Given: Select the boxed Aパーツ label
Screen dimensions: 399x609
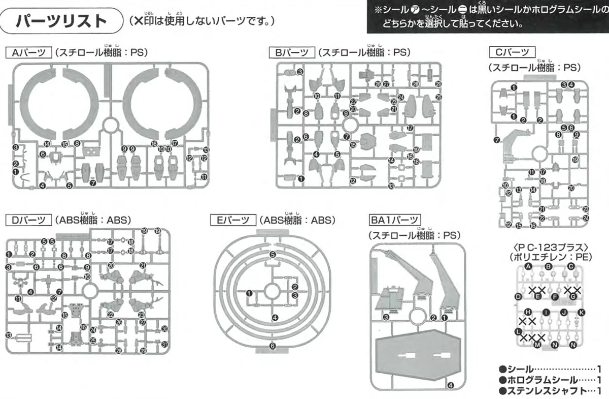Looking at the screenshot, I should (x=27, y=52).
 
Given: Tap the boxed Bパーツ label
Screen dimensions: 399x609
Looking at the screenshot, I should (x=291, y=52).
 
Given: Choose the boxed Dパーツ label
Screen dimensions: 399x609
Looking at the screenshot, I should (x=28, y=220).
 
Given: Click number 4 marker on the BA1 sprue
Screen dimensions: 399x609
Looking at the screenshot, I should (x=451, y=385).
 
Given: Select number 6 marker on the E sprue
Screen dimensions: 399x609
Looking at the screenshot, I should (x=273, y=346).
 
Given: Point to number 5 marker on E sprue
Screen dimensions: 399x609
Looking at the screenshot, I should (x=273, y=254).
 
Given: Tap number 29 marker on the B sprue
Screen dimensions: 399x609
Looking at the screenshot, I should (x=438, y=84).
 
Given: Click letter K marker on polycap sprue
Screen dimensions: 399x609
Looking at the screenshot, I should (x=582, y=312).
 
